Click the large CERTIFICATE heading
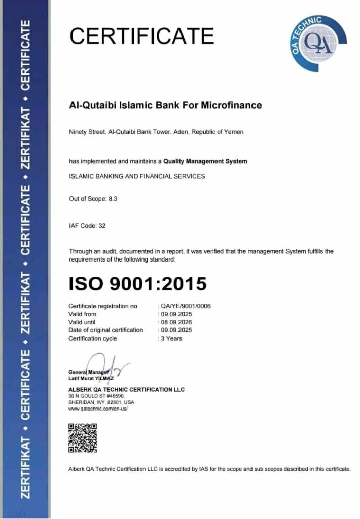click(x=141, y=36)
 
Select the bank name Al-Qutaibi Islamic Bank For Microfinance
click(x=165, y=106)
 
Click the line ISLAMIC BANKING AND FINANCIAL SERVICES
click(x=137, y=176)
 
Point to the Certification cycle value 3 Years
click(x=172, y=338)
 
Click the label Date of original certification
click(x=105, y=330)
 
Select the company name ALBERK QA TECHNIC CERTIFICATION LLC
click(x=126, y=389)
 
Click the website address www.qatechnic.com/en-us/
click(x=97, y=409)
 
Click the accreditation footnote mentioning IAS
click(x=209, y=469)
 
